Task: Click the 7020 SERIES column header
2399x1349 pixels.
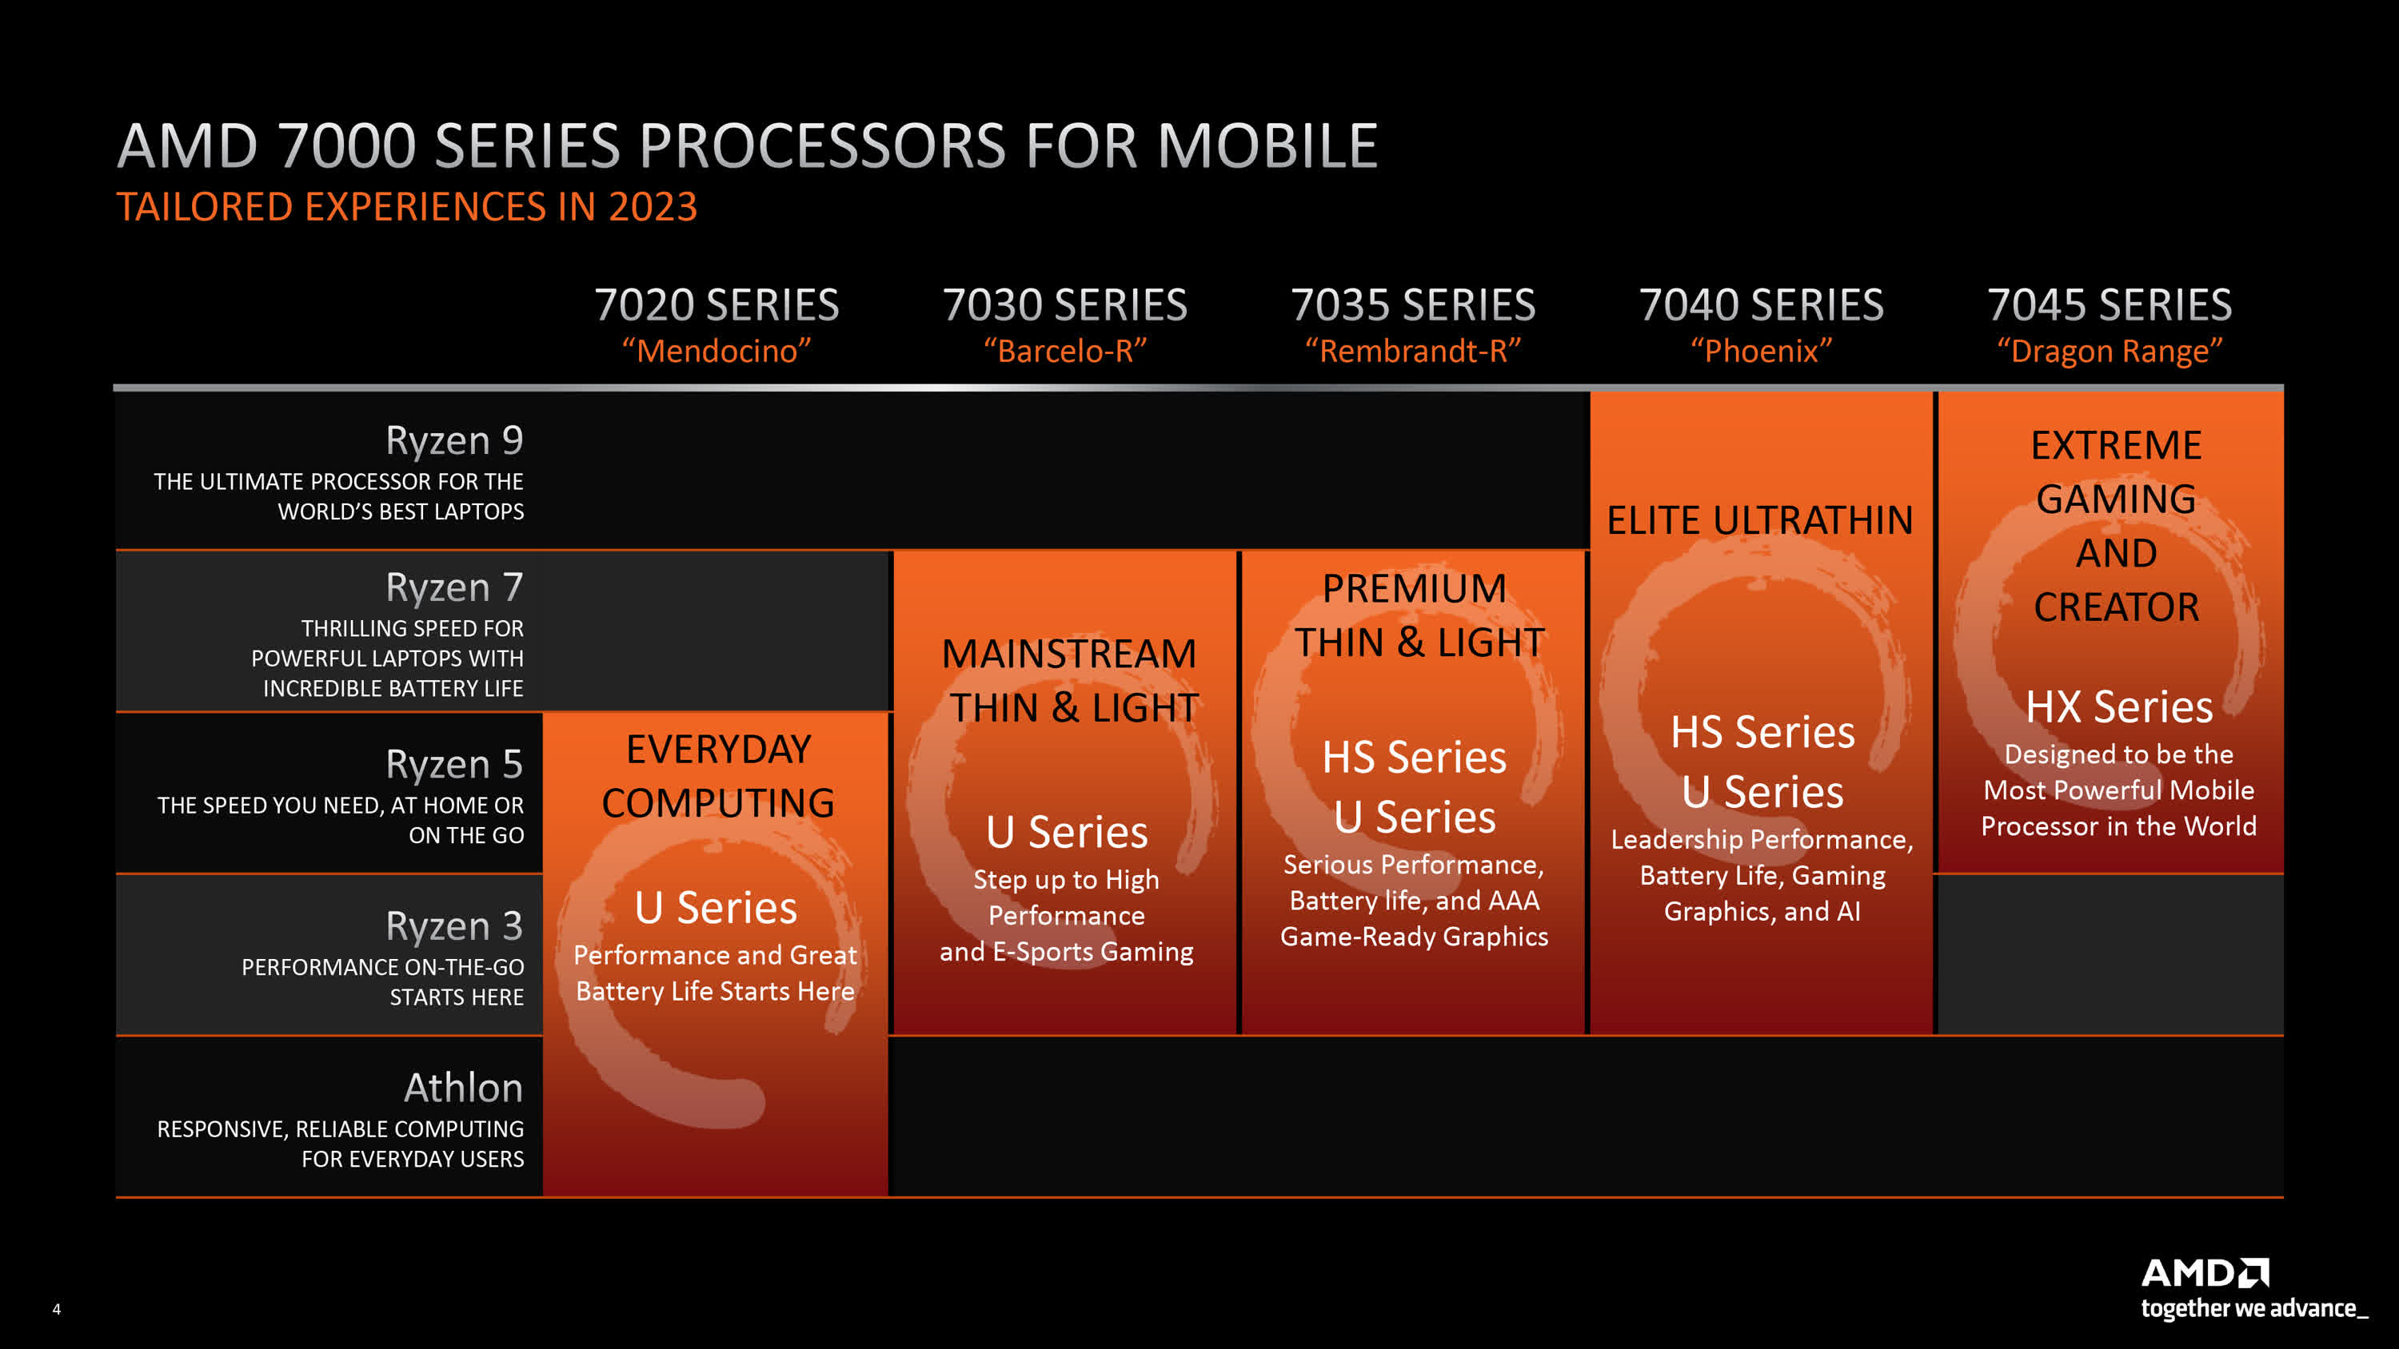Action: (717, 305)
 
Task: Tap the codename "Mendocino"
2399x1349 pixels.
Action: (717, 351)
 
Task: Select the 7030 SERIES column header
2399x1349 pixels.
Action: (1064, 305)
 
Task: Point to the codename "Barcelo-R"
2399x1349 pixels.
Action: (1065, 351)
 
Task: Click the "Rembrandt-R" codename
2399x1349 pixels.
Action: (1413, 351)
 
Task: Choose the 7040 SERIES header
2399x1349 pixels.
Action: (1761, 305)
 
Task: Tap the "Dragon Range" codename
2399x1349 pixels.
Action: (2110, 352)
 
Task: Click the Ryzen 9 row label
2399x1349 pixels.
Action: (454, 440)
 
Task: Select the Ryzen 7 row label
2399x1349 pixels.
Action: (454, 587)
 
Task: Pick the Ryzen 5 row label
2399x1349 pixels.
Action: (454, 764)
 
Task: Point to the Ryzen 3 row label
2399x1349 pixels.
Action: (454, 926)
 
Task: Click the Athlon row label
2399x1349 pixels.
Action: (463, 1088)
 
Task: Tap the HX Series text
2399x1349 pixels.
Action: (2118, 706)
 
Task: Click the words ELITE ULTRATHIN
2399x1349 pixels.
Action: (1760, 520)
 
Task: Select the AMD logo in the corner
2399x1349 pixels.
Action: (2205, 1272)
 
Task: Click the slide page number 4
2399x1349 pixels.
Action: (57, 1309)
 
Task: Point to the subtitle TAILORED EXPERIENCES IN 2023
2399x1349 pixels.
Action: (407, 207)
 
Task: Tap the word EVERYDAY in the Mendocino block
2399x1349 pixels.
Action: (718, 750)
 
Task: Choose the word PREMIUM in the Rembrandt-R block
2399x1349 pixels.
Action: (1415, 588)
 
